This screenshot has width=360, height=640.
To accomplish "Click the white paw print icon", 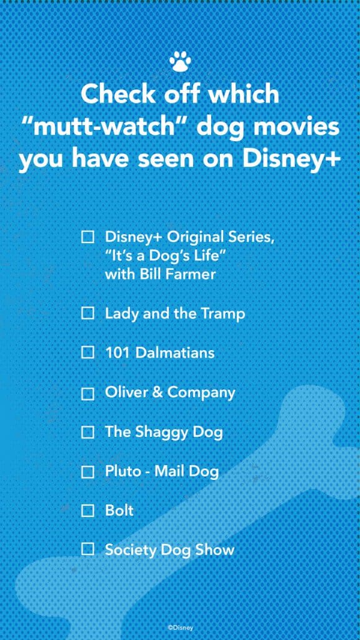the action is pos(180,62).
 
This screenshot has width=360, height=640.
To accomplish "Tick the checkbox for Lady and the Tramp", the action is pos(87,314).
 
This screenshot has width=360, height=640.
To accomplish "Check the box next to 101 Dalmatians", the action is pos(87,352).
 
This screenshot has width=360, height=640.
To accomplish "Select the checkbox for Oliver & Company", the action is pos(87,394).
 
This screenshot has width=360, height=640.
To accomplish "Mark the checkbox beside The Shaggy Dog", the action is pos(87,432).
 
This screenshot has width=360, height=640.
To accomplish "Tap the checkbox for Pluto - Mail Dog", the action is pos(87,472).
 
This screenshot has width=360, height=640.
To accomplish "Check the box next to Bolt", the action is pos(87,510).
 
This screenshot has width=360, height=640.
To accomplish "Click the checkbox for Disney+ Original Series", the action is pos(87,236).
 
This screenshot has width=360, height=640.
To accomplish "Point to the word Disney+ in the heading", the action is pos(291,159).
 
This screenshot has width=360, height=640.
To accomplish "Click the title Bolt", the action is pos(119,510).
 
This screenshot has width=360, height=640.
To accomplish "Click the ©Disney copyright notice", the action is pos(181,628).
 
